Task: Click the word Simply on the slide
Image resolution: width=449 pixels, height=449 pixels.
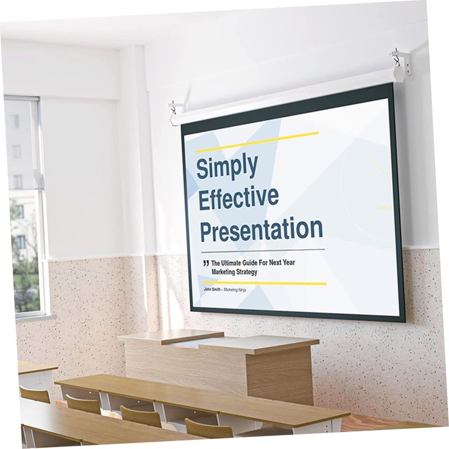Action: pos(227,167)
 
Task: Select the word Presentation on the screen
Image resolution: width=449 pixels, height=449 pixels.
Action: pos(262,229)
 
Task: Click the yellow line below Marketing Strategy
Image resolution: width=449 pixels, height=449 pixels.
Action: pos(264,283)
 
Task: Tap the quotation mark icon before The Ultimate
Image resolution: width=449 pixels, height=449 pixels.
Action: pos(206,263)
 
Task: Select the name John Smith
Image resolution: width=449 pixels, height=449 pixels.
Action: pos(213,290)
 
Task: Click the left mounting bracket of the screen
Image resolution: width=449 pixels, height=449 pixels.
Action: pos(175,109)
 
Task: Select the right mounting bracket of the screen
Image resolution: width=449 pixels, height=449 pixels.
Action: pos(400,62)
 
